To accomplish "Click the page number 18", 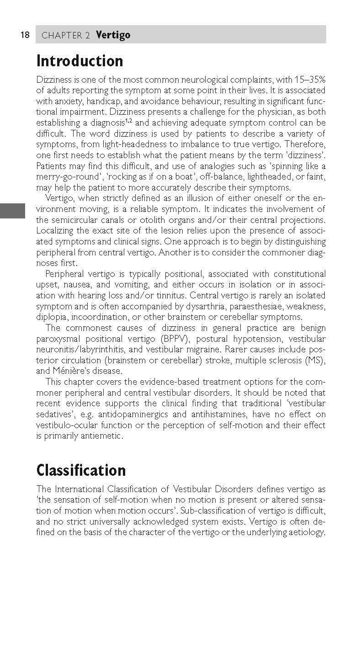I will [25, 35].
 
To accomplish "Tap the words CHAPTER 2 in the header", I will [65, 36].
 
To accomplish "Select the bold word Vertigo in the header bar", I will [113, 35].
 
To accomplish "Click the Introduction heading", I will [79, 61].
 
